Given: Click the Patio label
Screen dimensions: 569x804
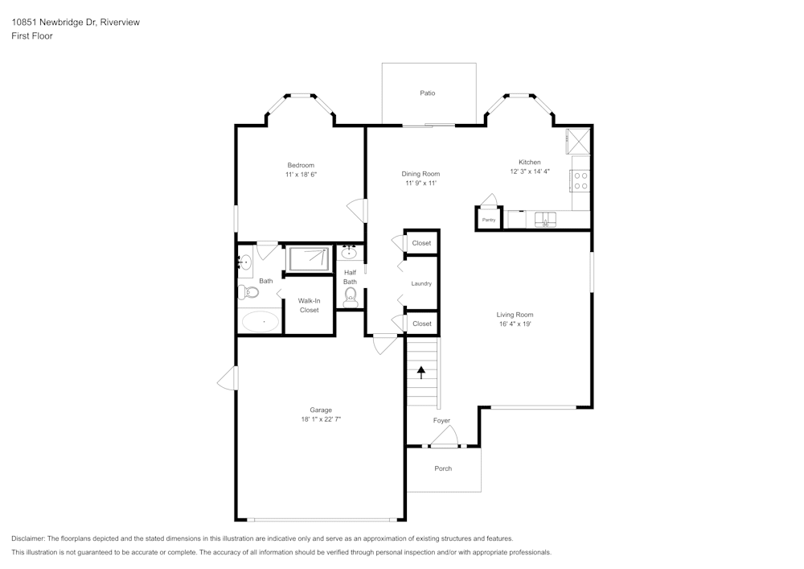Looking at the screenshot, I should click(x=428, y=93).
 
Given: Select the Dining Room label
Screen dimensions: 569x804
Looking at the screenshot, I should click(x=420, y=174).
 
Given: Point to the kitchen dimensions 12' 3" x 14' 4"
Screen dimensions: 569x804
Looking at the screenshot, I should click(x=529, y=171).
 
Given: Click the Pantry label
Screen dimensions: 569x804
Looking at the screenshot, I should click(x=488, y=220).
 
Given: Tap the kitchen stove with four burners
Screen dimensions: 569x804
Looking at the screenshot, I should click(x=580, y=181).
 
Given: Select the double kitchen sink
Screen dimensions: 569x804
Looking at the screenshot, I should click(x=546, y=219).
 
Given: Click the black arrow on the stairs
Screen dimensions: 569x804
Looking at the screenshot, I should click(x=420, y=372).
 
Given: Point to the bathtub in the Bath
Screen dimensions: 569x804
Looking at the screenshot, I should click(x=260, y=322).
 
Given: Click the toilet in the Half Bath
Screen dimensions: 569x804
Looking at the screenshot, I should click(x=350, y=299).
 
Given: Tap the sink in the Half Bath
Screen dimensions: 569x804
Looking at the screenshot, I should click(x=350, y=254).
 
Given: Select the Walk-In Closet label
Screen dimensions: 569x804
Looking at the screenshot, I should click(x=309, y=305).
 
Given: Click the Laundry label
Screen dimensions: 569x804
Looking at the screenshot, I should click(x=421, y=283).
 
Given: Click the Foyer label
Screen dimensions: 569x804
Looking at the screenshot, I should click(x=441, y=420).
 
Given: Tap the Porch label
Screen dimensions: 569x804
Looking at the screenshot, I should click(x=443, y=468).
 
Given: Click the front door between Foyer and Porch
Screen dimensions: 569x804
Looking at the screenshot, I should click(x=443, y=439).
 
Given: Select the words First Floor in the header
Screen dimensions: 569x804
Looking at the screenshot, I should click(x=32, y=36).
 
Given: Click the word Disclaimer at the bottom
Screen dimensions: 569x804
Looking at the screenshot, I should click(x=27, y=538).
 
